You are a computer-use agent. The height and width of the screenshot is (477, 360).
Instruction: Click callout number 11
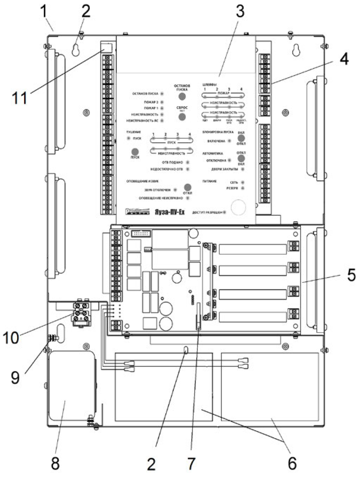(20, 98)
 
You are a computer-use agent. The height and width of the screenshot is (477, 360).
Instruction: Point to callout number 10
(11, 338)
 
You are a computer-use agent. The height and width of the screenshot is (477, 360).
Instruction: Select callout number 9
(15, 377)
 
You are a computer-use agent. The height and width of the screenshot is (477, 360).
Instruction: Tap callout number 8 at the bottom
(55, 463)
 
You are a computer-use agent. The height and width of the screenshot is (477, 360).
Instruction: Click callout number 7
(191, 463)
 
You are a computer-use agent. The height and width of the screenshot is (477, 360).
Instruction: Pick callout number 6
(292, 463)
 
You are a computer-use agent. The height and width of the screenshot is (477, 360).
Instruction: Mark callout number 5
(351, 275)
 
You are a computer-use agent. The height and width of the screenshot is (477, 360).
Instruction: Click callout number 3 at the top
(240, 12)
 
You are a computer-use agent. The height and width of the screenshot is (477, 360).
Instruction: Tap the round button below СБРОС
(182, 117)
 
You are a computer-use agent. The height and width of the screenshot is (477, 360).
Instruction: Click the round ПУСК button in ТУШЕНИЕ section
(135, 151)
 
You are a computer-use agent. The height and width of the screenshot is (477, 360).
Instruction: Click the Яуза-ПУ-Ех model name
(170, 212)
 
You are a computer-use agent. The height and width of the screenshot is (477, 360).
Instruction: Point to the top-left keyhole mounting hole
(75, 50)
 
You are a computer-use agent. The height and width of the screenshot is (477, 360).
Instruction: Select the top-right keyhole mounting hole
(296, 50)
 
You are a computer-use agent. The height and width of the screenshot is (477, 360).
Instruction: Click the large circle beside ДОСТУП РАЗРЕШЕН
(238, 207)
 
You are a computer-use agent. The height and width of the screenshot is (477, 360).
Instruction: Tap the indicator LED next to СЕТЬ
(243, 183)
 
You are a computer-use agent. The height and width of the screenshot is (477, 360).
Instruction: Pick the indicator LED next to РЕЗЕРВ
(243, 188)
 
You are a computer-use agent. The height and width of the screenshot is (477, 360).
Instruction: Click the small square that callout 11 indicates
(107, 48)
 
